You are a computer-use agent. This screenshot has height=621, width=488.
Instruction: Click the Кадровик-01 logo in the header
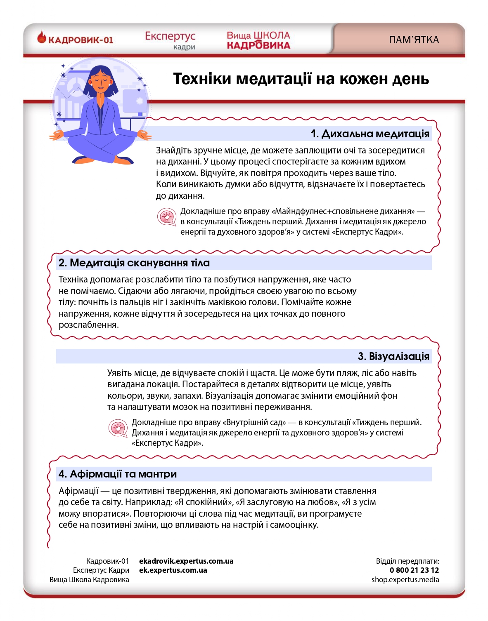[75, 40]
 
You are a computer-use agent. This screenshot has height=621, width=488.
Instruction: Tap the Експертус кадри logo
[170, 40]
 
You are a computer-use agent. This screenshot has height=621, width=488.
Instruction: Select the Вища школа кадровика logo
[258, 40]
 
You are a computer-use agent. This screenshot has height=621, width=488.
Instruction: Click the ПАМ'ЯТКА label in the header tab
[414, 40]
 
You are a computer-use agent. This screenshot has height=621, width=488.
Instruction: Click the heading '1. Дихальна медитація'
[370, 134]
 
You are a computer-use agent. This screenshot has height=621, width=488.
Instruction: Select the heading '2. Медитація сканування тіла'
[134, 263]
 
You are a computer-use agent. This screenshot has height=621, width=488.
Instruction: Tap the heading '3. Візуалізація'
[393, 356]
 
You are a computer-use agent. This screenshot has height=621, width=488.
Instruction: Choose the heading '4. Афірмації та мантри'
[118, 474]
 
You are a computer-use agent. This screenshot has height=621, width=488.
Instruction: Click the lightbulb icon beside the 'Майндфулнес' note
[167, 216]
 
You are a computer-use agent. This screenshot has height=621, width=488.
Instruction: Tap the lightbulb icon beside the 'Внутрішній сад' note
[118, 428]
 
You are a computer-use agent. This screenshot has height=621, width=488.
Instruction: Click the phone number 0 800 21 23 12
[414, 570]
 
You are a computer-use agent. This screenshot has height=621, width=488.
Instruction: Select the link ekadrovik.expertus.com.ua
[186, 561]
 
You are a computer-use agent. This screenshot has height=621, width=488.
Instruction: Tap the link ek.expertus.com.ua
[173, 570]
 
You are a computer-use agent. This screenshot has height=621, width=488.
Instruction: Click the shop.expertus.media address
[405, 580]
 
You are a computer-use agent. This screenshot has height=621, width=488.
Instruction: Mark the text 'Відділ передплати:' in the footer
[407, 561]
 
